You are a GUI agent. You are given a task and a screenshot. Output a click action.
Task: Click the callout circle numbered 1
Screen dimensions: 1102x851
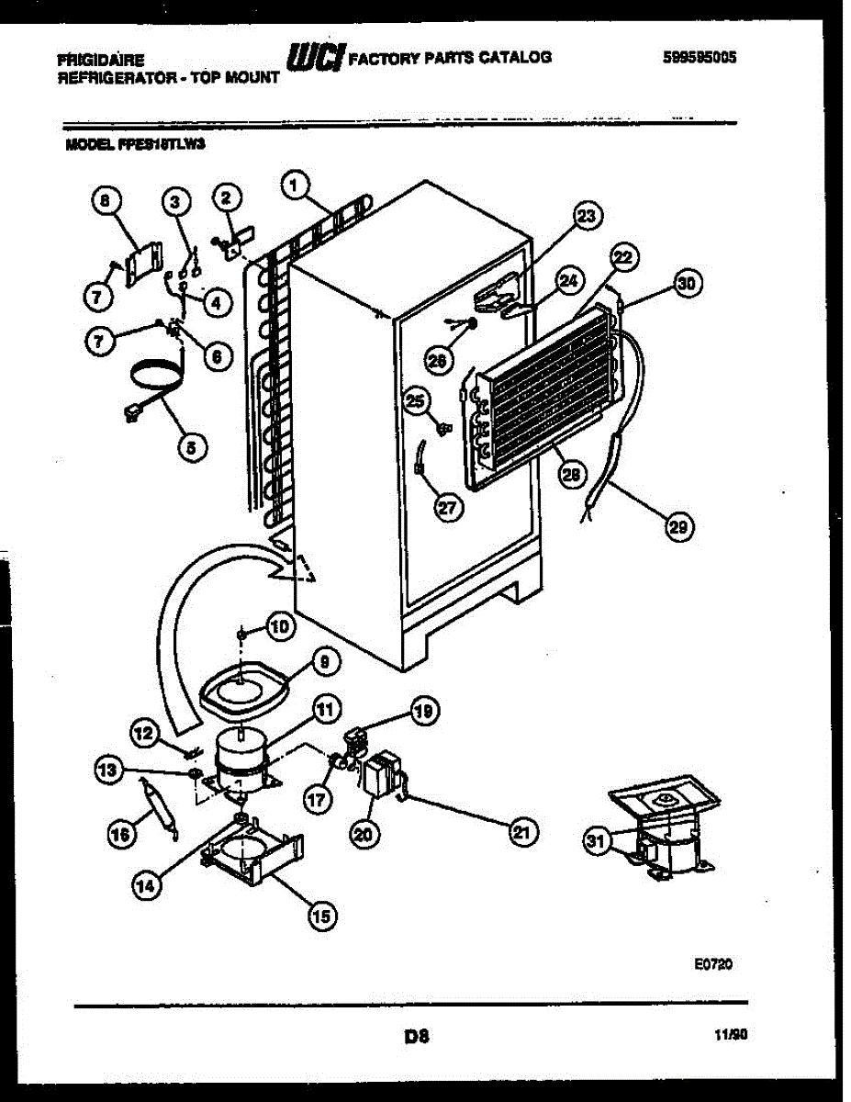coord(293,186)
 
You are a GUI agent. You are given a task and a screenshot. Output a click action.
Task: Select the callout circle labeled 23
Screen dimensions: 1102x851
coord(586,216)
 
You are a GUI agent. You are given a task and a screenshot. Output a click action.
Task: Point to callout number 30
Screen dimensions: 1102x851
coord(684,285)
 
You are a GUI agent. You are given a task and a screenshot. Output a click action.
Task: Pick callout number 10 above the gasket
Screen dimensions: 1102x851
coord(279,626)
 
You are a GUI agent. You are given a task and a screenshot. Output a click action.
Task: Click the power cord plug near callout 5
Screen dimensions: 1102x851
coord(129,413)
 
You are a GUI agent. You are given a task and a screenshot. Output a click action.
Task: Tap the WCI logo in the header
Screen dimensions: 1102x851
coord(315,58)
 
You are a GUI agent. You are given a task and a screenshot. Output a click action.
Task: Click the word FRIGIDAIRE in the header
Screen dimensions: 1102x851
coord(100,60)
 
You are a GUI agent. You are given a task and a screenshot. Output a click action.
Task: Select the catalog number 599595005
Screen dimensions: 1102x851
coord(700,57)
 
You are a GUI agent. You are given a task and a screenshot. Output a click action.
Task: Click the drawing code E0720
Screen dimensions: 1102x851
coord(712,965)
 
